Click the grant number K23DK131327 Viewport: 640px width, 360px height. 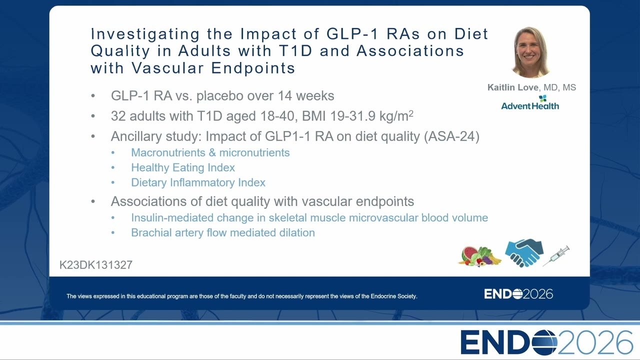click(x=95, y=265)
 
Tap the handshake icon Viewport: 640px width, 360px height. click(x=524, y=253)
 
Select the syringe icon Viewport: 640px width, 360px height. click(x=556, y=255)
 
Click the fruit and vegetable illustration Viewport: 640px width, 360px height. click(x=479, y=256)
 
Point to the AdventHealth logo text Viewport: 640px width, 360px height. click(x=530, y=106)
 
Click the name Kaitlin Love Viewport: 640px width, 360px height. click(x=512, y=87)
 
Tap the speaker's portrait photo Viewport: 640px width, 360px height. click(x=530, y=52)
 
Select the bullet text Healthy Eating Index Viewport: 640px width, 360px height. click(x=183, y=167)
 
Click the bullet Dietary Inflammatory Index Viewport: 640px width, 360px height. click(x=198, y=182)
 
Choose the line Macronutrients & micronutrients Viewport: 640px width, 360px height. click(x=210, y=152)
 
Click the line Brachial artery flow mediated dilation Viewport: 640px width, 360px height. click(x=223, y=233)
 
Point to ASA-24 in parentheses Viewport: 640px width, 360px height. click(x=451, y=136)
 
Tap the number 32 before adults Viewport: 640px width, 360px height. click(x=118, y=116)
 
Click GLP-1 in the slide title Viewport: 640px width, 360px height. click(x=352, y=33)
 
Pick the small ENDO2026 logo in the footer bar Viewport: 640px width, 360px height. click(x=518, y=294)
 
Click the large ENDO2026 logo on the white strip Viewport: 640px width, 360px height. click(x=546, y=342)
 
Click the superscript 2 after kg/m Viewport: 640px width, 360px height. click(x=411, y=113)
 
